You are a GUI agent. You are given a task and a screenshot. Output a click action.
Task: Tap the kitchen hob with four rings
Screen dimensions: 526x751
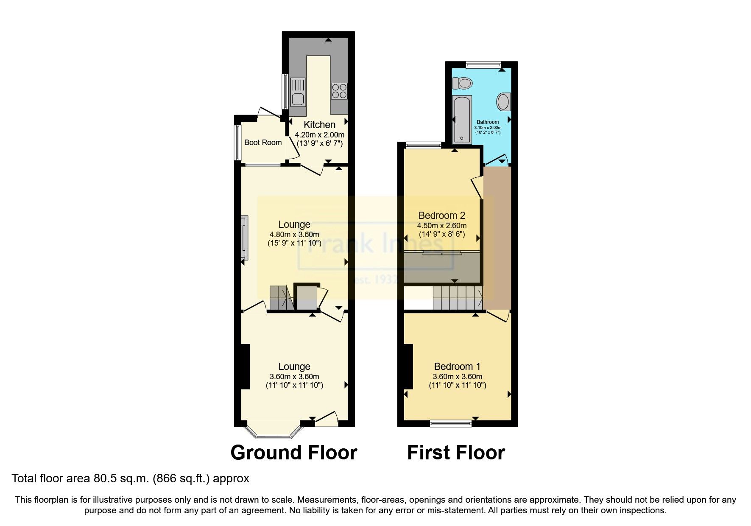point(339,91)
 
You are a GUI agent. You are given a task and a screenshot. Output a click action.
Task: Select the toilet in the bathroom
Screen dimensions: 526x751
point(462,83)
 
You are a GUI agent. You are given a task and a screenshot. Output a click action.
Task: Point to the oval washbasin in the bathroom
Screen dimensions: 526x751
point(503,102)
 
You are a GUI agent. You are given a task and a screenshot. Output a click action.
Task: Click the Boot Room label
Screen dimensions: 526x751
point(263,143)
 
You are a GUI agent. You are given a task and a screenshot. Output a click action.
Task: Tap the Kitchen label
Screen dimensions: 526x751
point(319,125)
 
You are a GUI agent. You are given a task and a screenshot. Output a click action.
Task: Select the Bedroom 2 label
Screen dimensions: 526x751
point(442,215)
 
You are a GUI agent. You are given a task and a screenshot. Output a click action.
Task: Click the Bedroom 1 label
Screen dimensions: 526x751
point(457,367)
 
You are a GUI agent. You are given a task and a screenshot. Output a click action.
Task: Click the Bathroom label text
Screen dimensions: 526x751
point(488,122)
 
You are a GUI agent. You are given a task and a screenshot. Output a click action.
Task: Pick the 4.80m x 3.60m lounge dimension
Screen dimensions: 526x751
point(294,234)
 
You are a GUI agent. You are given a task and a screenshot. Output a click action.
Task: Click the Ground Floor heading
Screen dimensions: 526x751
point(293,453)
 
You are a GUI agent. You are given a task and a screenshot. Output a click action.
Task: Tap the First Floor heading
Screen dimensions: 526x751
point(456,453)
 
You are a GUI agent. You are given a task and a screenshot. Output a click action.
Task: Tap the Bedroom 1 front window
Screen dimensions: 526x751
point(450,423)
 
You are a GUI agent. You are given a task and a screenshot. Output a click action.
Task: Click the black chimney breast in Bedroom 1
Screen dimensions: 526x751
point(408,367)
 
